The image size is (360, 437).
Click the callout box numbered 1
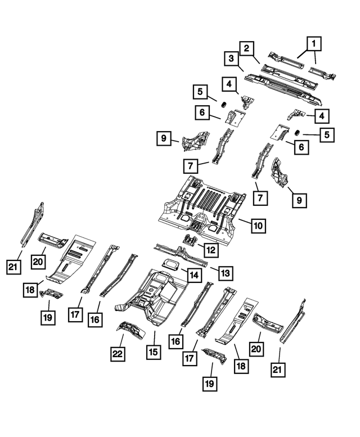click(x=314, y=43)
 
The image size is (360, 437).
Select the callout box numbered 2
click(x=245, y=49)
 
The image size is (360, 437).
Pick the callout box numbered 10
click(x=257, y=226)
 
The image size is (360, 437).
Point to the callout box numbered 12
click(x=210, y=250)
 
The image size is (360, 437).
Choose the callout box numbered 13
click(x=224, y=273)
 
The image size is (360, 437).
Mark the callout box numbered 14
click(x=193, y=275)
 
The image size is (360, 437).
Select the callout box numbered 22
click(x=118, y=354)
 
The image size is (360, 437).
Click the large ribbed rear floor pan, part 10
click(x=202, y=211)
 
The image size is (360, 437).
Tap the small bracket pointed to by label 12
click(x=188, y=244)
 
